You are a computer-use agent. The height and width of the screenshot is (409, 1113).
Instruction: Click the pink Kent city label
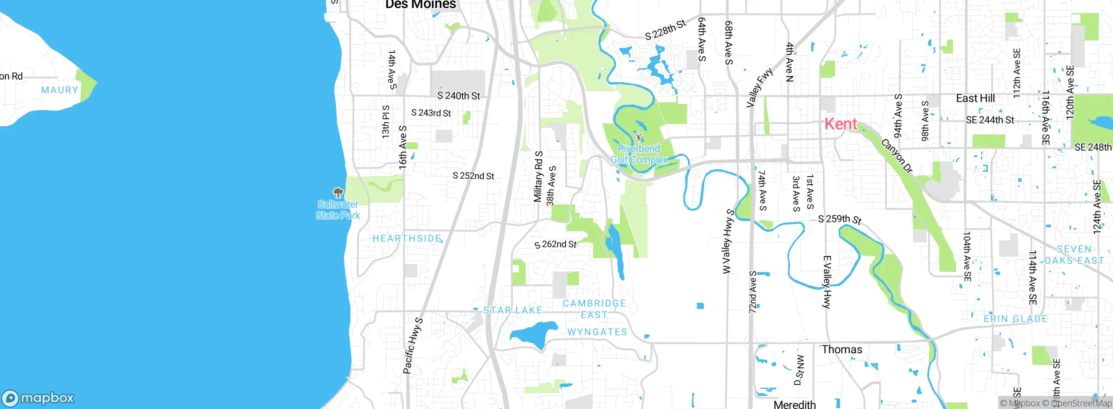coord(841,124)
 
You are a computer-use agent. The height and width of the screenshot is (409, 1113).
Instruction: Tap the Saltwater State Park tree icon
coord(338,192)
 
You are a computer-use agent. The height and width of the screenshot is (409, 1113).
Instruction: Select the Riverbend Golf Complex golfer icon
coord(639,137)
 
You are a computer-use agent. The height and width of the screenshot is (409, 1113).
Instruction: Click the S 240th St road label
coord(459,96)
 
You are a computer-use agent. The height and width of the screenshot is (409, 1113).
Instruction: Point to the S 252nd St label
coord(473,176)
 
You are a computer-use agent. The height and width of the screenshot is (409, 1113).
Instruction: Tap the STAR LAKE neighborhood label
coord(513,310)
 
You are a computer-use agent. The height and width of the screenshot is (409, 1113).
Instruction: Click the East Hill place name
coord(975,98)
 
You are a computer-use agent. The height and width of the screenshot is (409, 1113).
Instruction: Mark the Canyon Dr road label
coord(897,156)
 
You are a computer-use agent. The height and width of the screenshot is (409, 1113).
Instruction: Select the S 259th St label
coord(840,219)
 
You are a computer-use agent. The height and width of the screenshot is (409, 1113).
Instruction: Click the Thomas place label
coord(842,349)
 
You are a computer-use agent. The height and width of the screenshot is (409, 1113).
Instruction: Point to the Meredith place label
coord(795,404)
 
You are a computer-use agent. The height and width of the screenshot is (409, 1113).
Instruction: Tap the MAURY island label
coord(60,90)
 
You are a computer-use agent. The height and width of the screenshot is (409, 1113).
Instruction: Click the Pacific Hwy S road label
coord(413,346)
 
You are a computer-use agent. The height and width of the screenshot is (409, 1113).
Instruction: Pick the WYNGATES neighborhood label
coord(597,332)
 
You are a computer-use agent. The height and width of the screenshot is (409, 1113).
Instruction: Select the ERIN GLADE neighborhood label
coord(1016,319)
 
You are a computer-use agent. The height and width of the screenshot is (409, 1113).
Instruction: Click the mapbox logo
coord(38,398)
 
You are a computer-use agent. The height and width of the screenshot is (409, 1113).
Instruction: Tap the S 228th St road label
coord(665,30)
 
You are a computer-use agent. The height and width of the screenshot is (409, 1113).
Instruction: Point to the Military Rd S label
coord(538,177)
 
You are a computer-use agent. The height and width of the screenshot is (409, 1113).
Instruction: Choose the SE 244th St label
coord(990,120)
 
